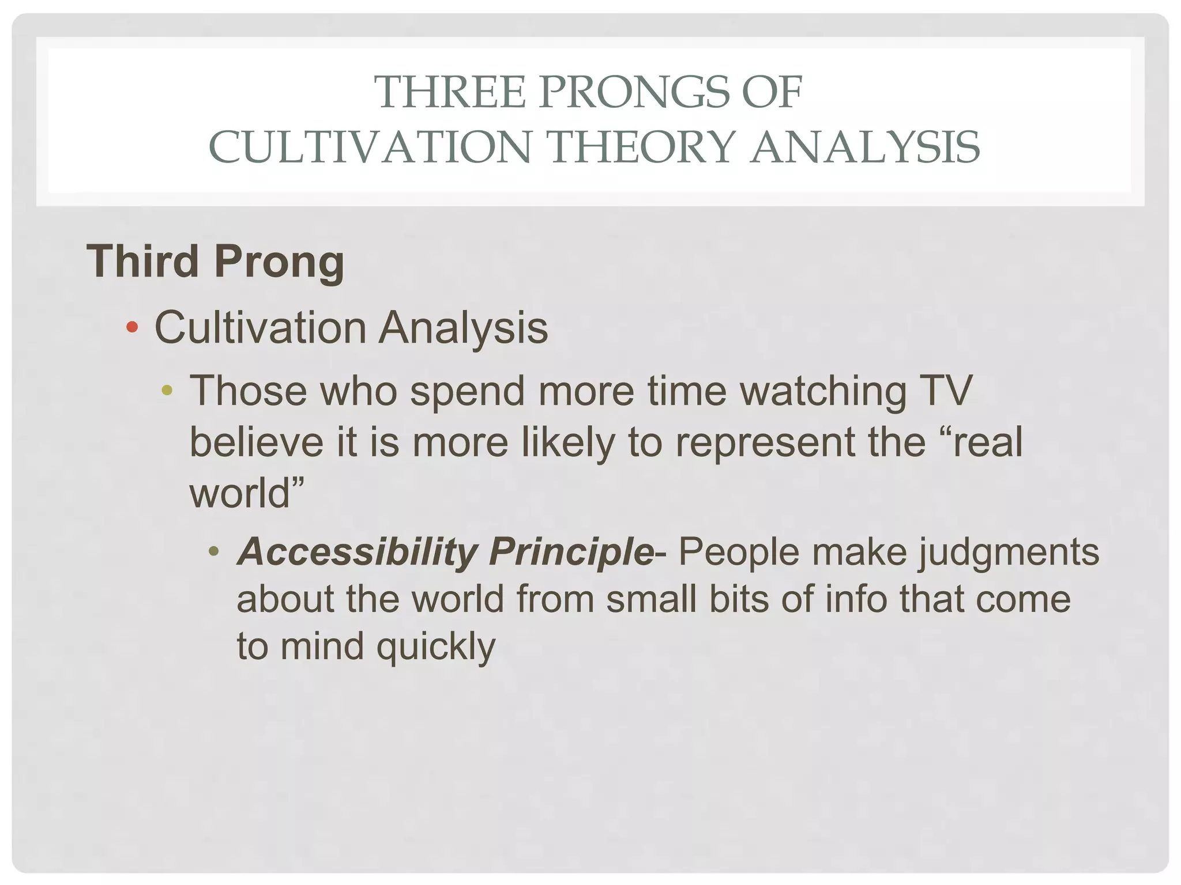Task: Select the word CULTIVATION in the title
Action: [x=369, y=147]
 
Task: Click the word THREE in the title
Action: [x=450, y=92]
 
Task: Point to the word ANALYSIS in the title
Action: [x=864, y=147]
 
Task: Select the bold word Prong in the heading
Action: [x=279, y=263]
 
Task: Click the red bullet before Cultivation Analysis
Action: [x=132, y=327]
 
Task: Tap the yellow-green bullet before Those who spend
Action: [x=167, y=391]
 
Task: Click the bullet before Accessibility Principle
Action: [x=214, y=552]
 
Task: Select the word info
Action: [x=856, y=599]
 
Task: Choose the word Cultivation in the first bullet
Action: [x=261, y=328]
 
